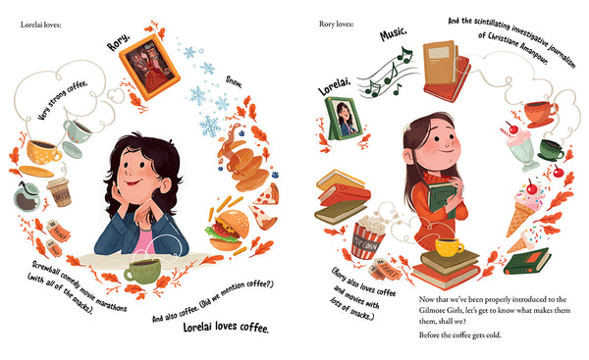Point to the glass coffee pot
click(x=28, y=195)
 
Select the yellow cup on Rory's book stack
click(x=451, y=245)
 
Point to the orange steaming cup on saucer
click(x=539, y=113)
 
